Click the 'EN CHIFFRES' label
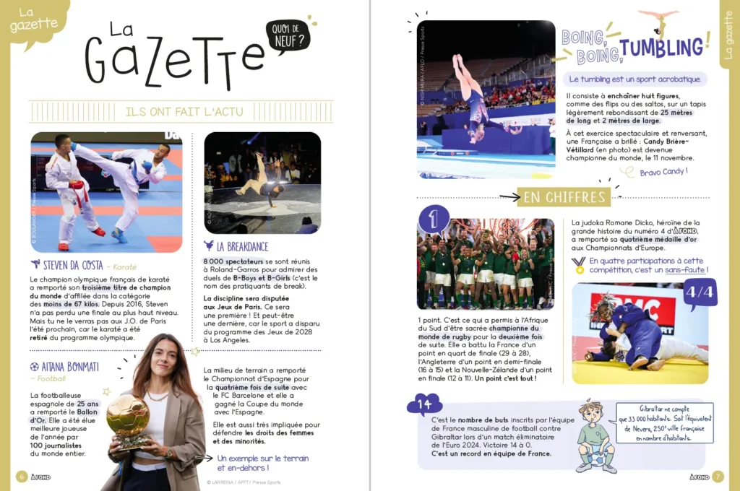564,197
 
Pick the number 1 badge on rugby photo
434,220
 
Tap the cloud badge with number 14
424,405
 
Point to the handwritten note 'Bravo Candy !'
663,172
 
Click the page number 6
21,476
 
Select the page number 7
718,476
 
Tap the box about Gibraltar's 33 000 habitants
665,422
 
